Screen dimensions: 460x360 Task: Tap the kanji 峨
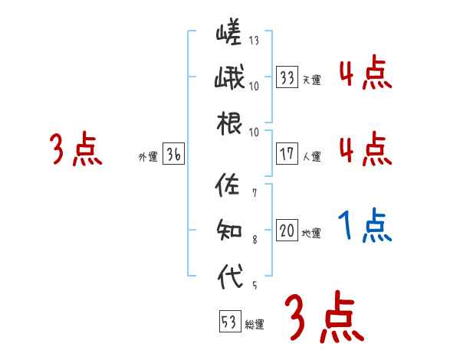[229, 78]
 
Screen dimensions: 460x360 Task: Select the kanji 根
[229, 124]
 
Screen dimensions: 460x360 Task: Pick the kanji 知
[229, 230]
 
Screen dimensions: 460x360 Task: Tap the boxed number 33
[287, 77]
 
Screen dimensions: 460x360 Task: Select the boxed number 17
[287, 154]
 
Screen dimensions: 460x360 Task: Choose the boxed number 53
[229, 322]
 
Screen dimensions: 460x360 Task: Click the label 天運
[311, 80]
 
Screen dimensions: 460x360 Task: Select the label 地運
[311, 234]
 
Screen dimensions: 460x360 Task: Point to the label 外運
[147, 157]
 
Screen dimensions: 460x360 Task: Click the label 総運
[254, 325]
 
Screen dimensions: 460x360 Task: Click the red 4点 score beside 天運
[365, 74]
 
